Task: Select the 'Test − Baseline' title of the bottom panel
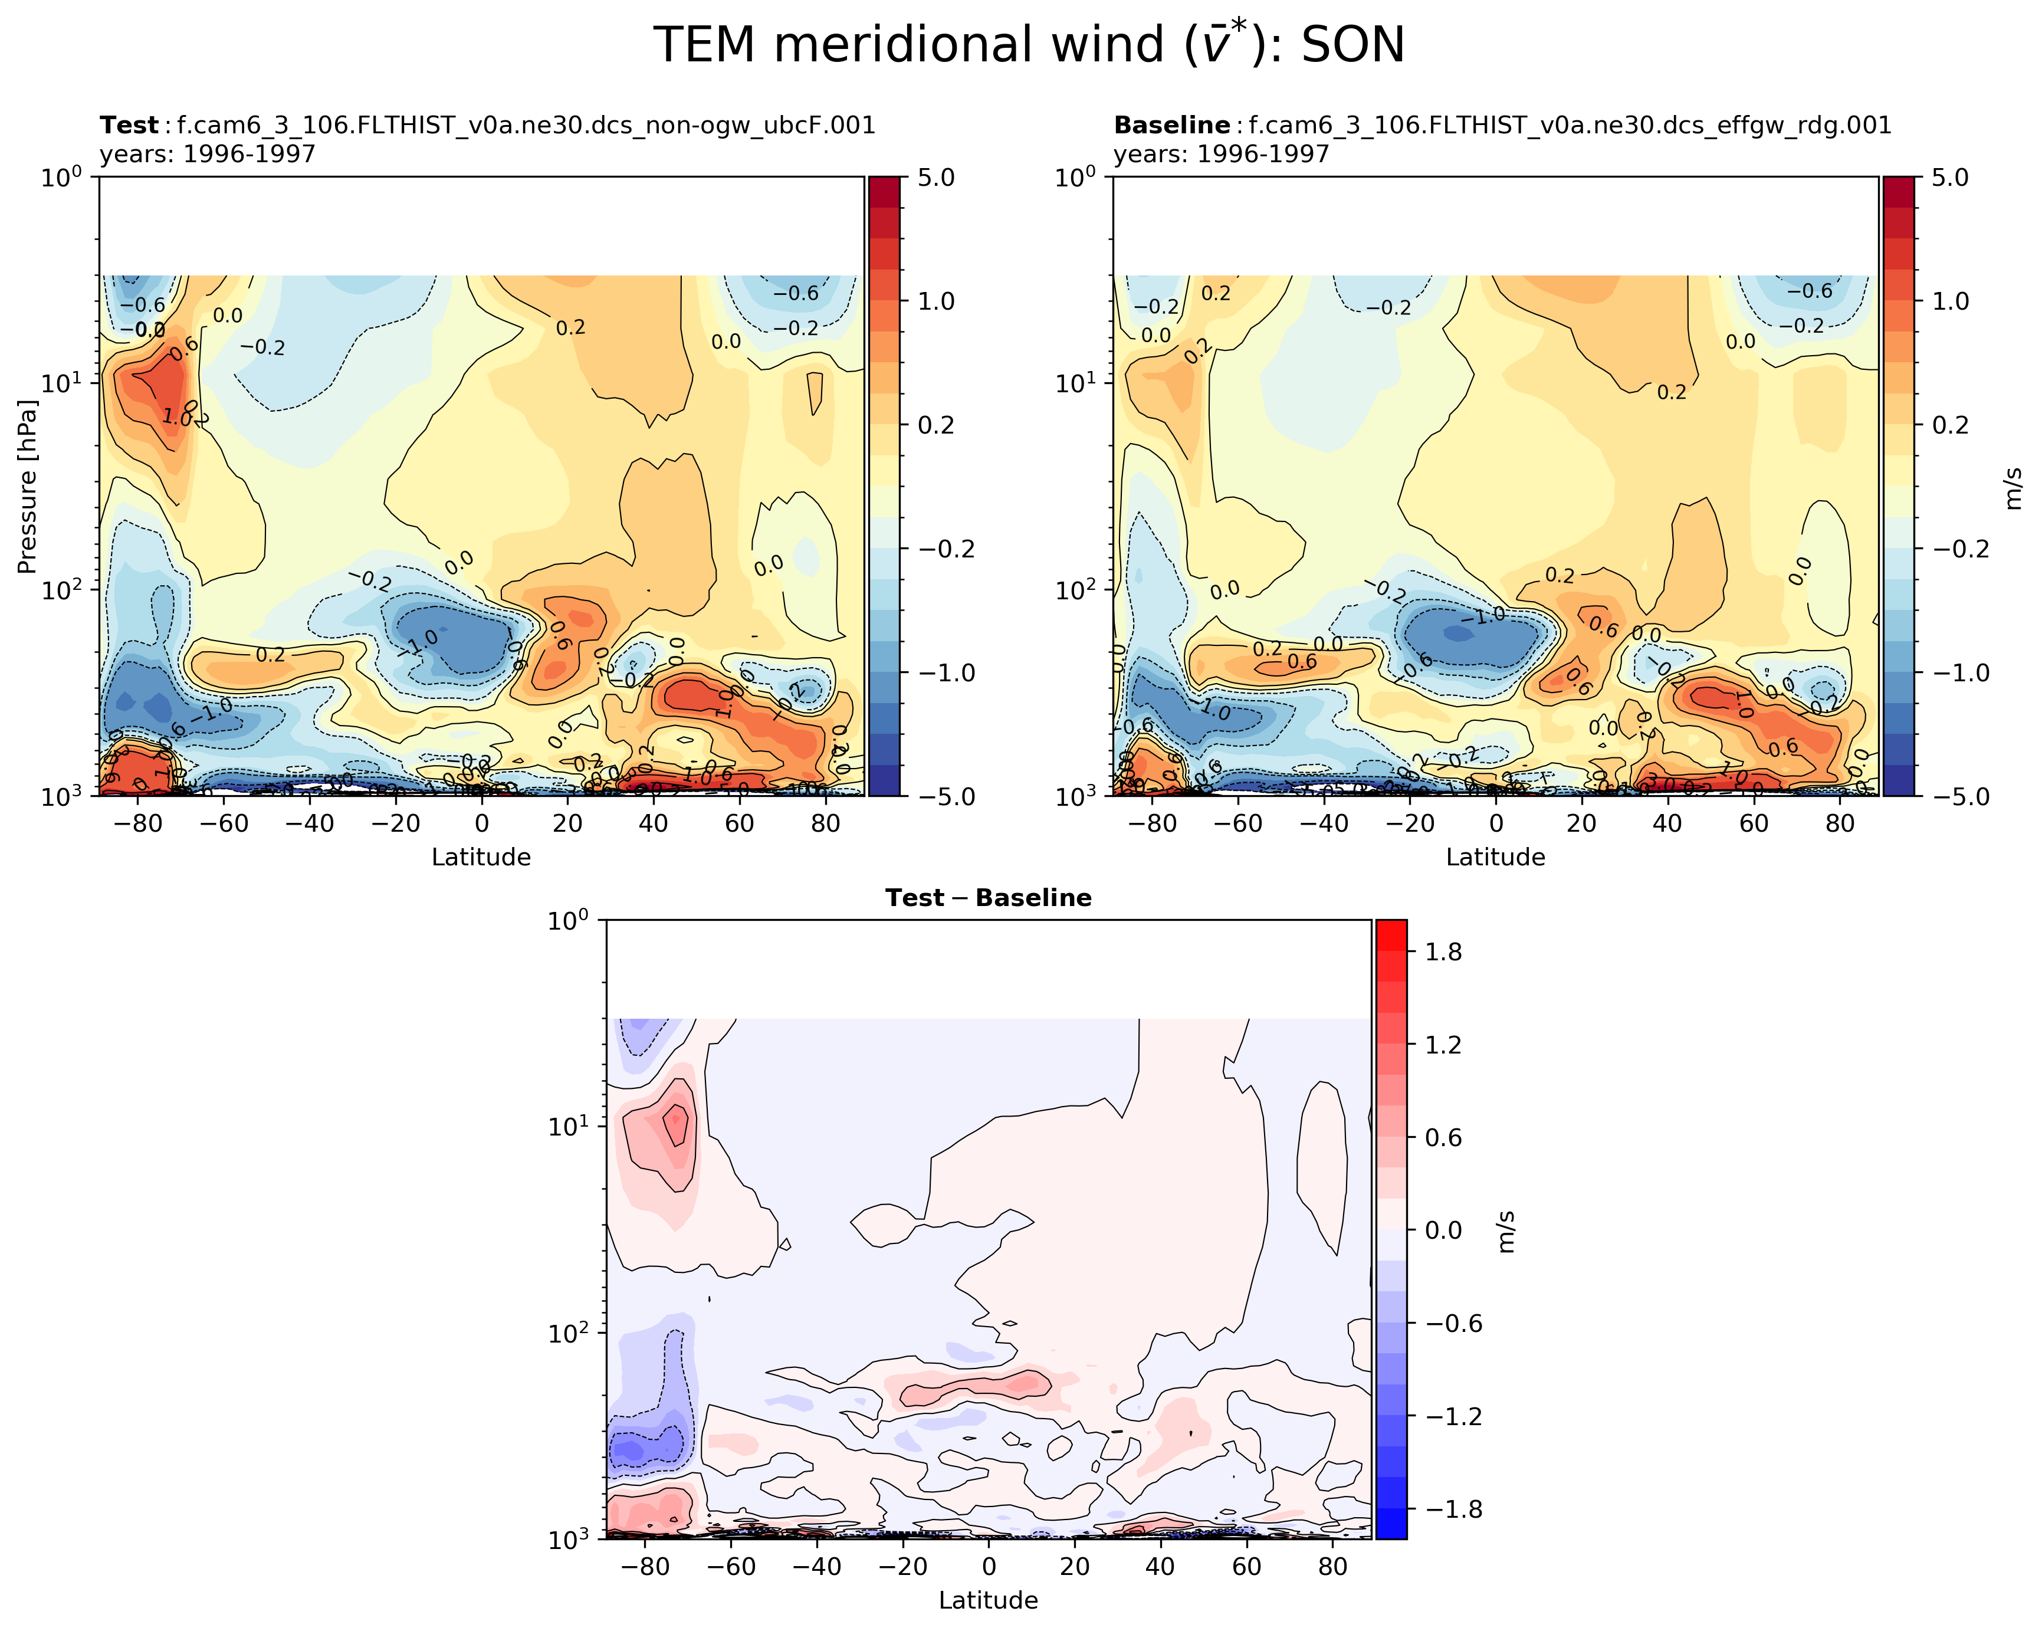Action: (988, 898)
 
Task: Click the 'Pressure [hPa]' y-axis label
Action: (27, 487)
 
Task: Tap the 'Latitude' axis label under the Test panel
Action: (481, 857)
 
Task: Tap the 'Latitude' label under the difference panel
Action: (988, 1601)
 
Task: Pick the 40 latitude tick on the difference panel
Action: (1160, 1567)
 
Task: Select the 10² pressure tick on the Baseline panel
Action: (1077, 589)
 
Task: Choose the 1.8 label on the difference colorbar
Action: (1443, 952)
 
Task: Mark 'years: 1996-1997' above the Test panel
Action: (208, 153)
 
